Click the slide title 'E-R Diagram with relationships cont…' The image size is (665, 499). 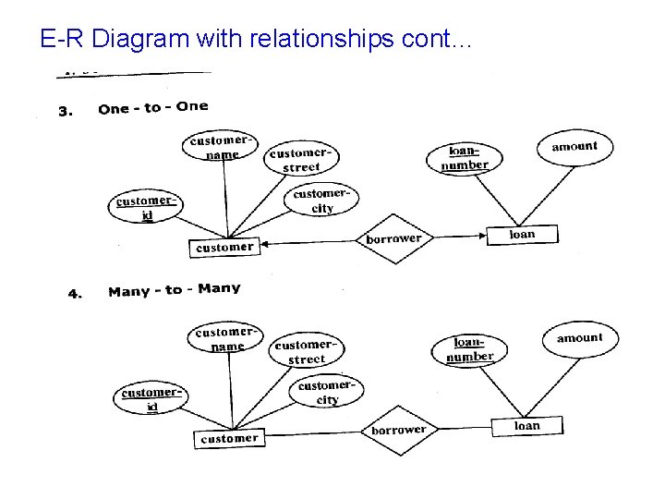pyautogui.click(x=257, y=39)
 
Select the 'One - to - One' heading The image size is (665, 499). pyautogui.click(x=153, y=107)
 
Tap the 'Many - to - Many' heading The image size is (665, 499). pyautogui.click(x=174, y=290)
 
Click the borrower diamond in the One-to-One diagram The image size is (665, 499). pyautogui.click(x=393, y=238)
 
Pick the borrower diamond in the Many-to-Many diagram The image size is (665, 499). pyautogui.click(x=398, y=431)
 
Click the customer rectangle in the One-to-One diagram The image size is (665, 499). pyautogui.click(x=224, y=247)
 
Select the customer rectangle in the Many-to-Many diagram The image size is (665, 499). pyautogui.click(x=229, y=438)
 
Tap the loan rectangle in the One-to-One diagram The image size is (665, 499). pyautogui.click(x=522, y=235)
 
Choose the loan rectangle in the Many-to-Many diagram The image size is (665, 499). pyautogui.click(x=527, y=426)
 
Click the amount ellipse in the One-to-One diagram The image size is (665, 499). pyautogui.click(x=574, y=147)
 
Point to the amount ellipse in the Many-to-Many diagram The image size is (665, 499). pyautogui.click(x=579, y=339)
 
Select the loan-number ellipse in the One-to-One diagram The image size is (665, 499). pyautogui.click(x=464, y=158)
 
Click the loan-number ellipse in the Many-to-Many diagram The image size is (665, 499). pyautogui.click(x=469, y=350)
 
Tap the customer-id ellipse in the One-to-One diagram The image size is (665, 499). pyautogui.click(x=146, y=208)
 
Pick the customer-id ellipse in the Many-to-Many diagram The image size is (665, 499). pyautogui.click(x=151, y=399)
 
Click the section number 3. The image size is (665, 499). pyautogui.click(x=65, y=112)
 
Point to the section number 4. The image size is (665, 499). pyautogui.click(x=76, y=295)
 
